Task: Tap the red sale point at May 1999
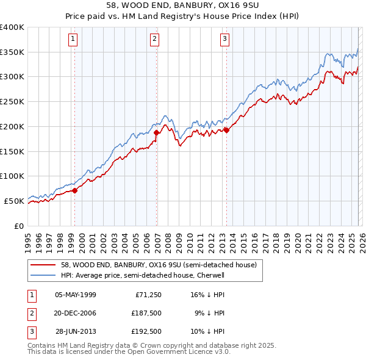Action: tap(75, 190)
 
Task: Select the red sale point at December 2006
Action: tap(157, 132)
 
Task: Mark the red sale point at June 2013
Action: tap(226, 129)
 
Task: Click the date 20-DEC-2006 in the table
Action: tap(75, 313)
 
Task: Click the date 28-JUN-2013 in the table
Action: tap(75, 331)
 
